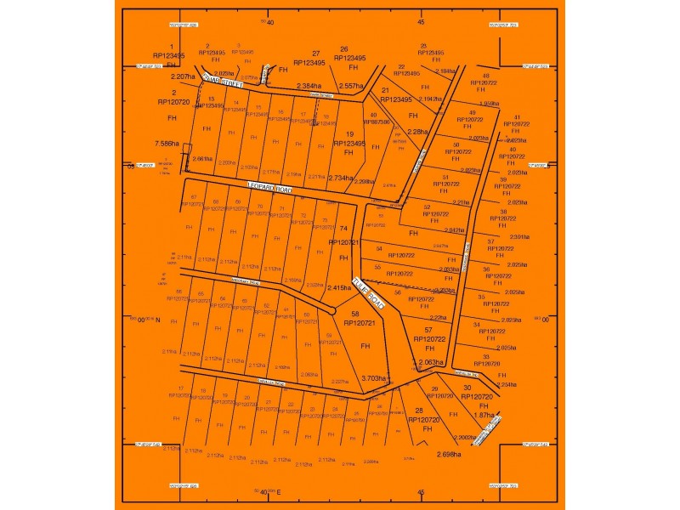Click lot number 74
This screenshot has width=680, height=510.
tap(343, 229)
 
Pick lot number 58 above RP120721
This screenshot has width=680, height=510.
tap(355, 314)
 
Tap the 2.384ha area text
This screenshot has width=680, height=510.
tap(309, 86)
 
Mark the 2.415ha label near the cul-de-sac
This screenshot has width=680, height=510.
tap(338, 288)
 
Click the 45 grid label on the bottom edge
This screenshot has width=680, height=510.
tap(421, 491)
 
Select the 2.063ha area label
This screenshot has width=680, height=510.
tap(430, 362)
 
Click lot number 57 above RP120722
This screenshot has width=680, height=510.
tap(428, 329)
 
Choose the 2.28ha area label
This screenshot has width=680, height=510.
tap(416, 132)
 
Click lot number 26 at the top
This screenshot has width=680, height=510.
tap(344, 49)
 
